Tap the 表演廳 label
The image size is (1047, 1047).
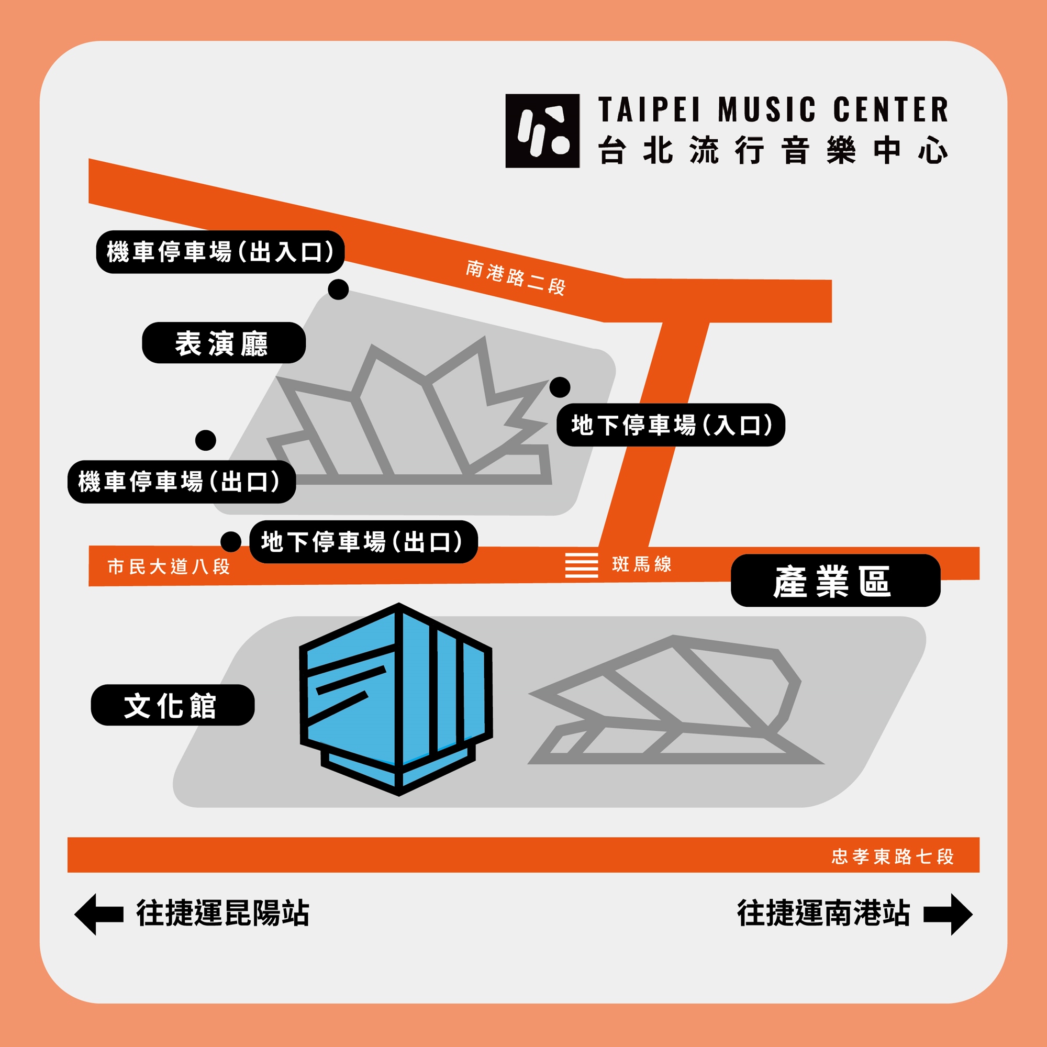(224, 343)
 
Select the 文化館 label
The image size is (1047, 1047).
(172, 705)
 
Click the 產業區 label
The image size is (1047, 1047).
(834, 581)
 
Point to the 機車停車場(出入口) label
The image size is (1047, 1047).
(220, 252)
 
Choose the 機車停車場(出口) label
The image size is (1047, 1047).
(181, 482)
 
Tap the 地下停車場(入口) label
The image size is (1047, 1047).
(671, 425)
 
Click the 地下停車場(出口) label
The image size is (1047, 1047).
(363, 542)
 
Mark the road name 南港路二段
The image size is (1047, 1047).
(515, 277)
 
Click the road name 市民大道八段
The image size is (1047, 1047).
(169, 567)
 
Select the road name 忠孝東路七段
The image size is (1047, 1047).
(892, 856)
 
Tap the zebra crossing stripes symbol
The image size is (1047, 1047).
(581, 565)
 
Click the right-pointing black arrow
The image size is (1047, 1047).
(949, 915)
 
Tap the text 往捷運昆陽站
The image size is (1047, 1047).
(222, 914)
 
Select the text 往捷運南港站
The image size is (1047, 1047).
(822, 914)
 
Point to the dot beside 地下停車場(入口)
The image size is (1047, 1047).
(560, 387)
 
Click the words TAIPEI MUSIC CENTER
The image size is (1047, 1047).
(773, 110)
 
